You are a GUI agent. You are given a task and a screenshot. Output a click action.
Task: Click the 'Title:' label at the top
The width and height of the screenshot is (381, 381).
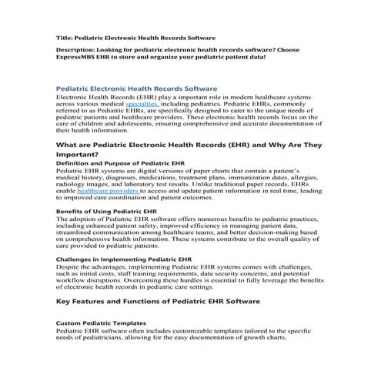pos(66,37)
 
